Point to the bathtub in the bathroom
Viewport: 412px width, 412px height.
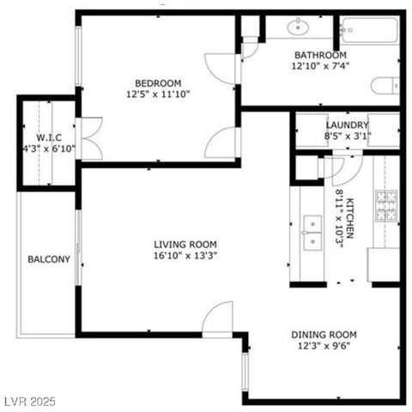(x=368, y=31)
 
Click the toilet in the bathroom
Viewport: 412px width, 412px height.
(x=385, y=84)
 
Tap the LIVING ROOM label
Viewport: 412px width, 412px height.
(x=177, y=245)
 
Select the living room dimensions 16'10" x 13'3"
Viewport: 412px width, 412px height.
(x=177, y=257)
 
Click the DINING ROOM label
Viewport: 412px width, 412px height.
(x=324, y=335)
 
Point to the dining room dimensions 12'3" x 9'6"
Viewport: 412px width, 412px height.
(x=324, y=347)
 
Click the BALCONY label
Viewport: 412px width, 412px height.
(x=48, y=259)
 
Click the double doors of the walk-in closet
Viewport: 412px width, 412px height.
(x=90, y=139)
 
